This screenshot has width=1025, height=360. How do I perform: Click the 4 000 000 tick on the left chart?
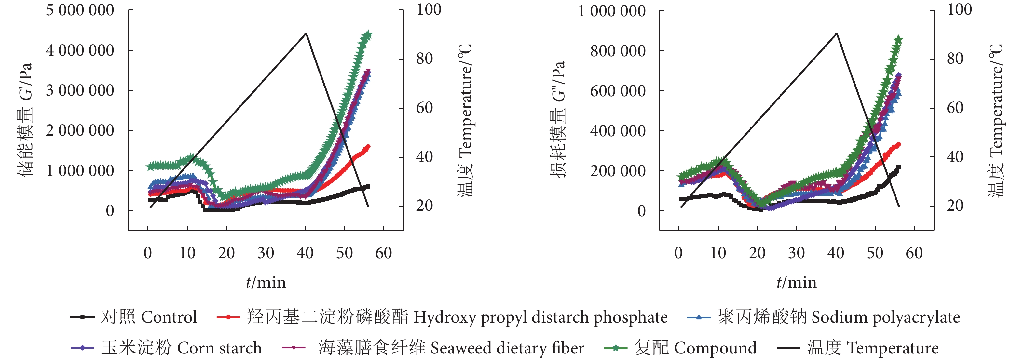click(x=80, y=50)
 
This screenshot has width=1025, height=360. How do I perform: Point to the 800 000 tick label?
click(x=618, y=51)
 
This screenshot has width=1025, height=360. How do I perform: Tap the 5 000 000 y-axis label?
click(x=80, y=10)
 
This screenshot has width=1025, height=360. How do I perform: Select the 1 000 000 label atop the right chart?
click(x=611, y=11)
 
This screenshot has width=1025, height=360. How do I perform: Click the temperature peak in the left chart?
click(x=306, y=34)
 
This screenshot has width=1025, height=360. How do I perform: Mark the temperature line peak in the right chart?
click(x=836, y=34)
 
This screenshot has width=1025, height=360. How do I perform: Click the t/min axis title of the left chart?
click(x=266, y=282)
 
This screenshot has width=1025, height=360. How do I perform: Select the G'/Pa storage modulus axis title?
click(x=25, y=119)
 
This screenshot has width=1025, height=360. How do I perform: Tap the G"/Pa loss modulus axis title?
click(x=557, y=119)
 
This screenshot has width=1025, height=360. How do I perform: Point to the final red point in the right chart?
click(x=898, y=145)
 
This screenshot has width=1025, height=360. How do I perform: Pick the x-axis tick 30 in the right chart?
click(x=796, y=253)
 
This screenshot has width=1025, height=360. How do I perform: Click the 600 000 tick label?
click(x=618, y=91)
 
